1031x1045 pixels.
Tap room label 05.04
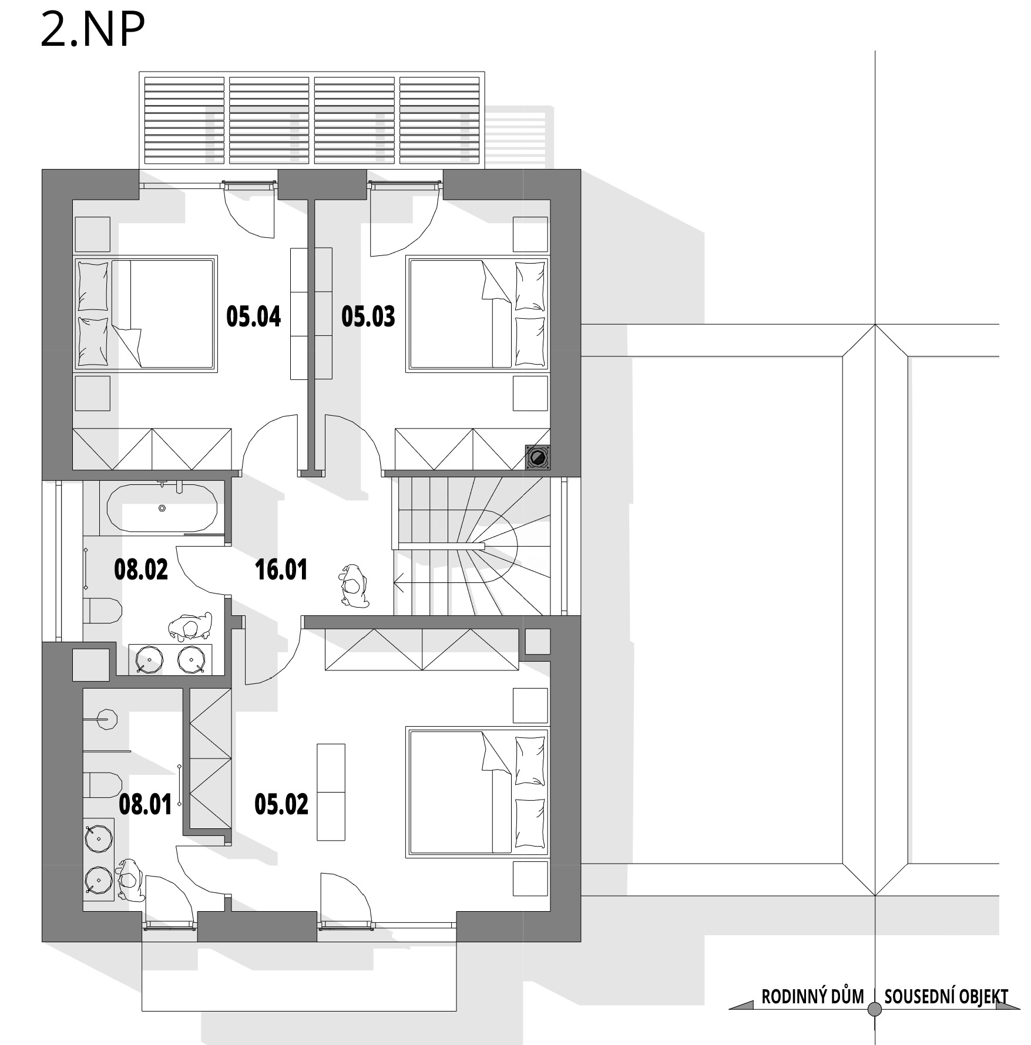pyautogui.click(x=254, y=316)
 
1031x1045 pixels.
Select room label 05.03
pyautogui.click(x=368, y=316)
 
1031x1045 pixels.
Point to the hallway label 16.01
pyautogui.click(x=281, y=570)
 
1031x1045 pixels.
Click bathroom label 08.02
pyautogui.click(x=141, y=569)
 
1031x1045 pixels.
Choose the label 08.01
pyautogui.click(x=145, y=804)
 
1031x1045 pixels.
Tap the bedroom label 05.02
pyautogui.click(x=281, y=804)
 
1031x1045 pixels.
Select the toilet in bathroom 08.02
pyautogui.click(x=102, y=611)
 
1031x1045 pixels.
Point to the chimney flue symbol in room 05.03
pyautogui.click(x=538, y=457)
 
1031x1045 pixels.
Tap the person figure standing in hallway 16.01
pyautogui.click(x=353, y=586)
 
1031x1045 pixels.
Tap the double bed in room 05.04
pyautogui.click(x=145, y=313)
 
